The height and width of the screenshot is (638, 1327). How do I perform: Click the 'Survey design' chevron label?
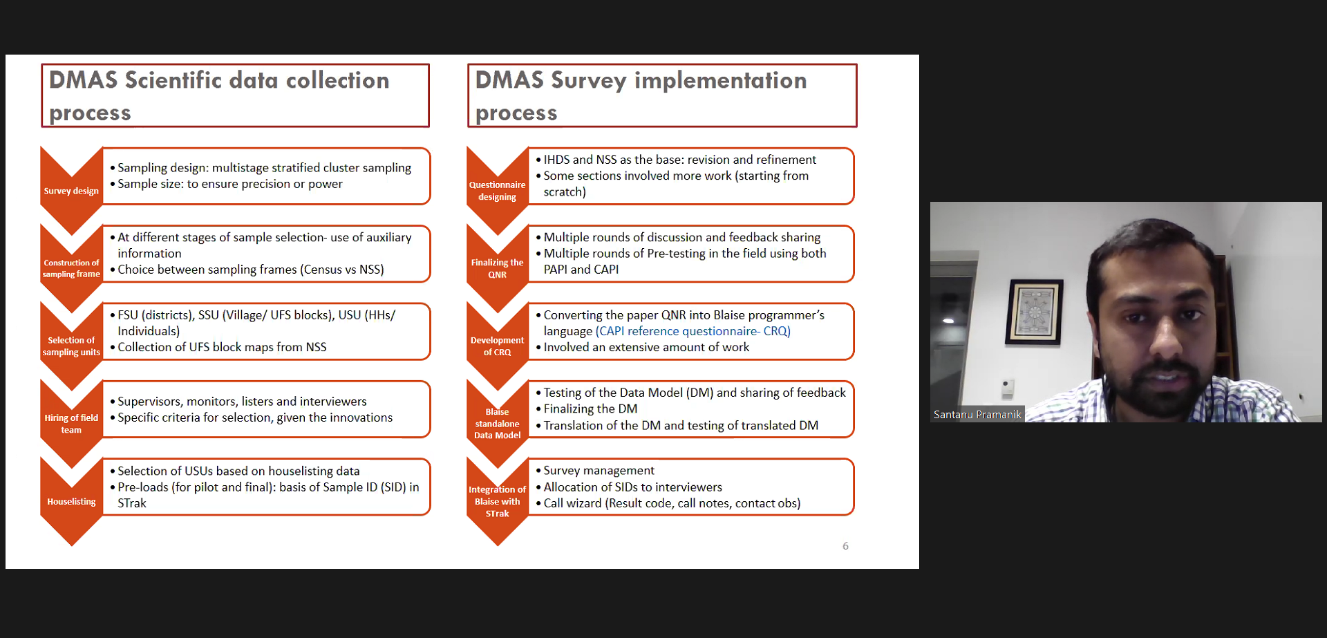71,191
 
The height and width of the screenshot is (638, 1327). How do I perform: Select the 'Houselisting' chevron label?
71,501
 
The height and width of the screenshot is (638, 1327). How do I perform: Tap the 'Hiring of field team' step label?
71,424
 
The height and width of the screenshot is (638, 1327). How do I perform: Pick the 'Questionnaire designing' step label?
497,191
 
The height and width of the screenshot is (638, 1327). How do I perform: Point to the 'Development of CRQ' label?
497,346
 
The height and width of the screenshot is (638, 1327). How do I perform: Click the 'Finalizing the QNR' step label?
497,268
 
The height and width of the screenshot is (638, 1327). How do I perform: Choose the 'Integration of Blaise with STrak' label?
497,501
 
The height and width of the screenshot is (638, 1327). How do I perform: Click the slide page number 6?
845,546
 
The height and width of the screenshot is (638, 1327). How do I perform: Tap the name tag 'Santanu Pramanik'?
977,414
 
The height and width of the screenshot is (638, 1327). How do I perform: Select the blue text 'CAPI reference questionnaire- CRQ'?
693,331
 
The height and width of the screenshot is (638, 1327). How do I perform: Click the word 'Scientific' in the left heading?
173,80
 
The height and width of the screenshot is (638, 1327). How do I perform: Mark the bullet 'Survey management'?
599,471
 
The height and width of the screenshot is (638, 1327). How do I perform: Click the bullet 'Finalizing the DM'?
590,409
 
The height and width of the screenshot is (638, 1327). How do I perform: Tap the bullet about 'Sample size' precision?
229,184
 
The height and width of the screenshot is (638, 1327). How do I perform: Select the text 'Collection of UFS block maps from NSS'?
222,347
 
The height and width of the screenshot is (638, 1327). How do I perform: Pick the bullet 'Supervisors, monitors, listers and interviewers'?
242,402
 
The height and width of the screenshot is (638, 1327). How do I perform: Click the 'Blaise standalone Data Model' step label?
497,423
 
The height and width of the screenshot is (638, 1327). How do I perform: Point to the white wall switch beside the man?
1008,387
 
